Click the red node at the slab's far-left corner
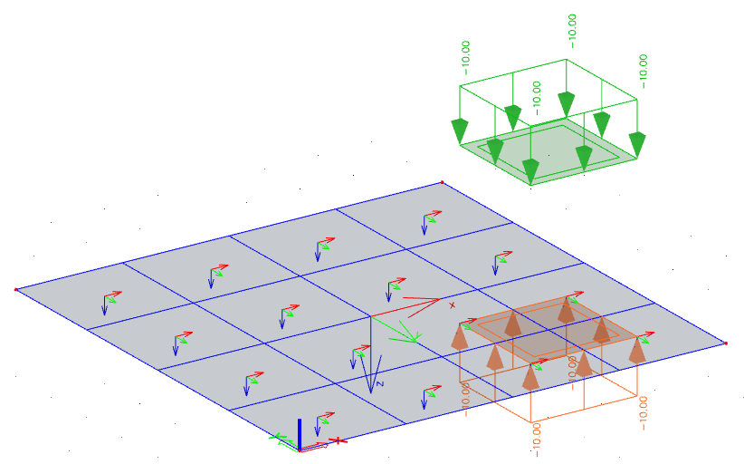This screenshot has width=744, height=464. pos(16,289)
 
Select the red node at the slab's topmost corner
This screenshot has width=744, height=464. pos(443,182)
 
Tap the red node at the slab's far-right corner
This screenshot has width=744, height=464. pos(726,343)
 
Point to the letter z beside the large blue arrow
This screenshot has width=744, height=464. pos(379,383)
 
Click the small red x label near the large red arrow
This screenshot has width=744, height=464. pos(453,305)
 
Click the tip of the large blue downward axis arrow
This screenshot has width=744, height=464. pos(371,392)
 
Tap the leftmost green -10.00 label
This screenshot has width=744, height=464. pos(465,57)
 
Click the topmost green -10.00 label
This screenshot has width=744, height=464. pos(572,31)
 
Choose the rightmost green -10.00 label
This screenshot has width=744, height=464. pos(643,72)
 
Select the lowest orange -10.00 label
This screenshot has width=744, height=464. pos(536,440)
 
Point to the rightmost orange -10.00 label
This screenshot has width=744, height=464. pos(643,412)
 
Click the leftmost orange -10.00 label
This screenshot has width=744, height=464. pos(465,400)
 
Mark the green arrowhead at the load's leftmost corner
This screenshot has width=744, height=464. pos(459,131)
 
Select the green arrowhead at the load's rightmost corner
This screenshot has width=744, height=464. pos(637,144)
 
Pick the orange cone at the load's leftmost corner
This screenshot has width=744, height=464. pos(459,336)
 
